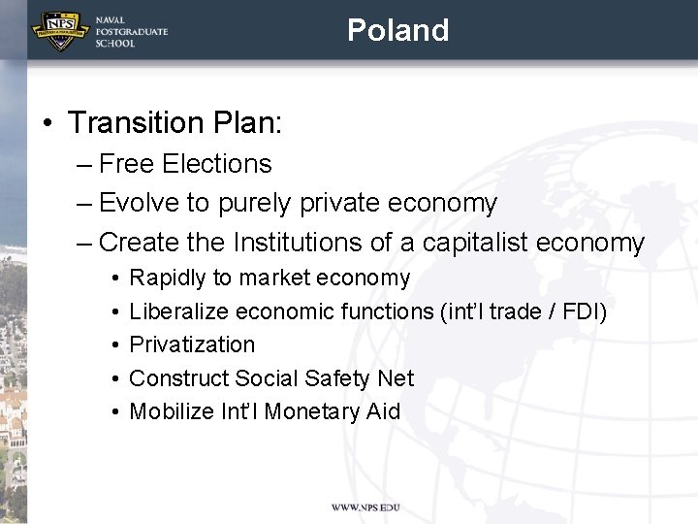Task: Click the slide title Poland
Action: [x=397, y=30]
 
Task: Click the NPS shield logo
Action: [x=59, y=30]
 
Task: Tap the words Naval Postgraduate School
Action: [x=131, y=31]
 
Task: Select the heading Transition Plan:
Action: [x=174, y=123]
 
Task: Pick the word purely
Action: [x=255, y=204]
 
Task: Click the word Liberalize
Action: [x=179, y=311]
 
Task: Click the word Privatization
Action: [x=192, y=344]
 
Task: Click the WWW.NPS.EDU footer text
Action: [x=365, y=508]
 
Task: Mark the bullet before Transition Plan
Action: [x=47, y=124]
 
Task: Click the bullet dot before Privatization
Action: [x=114, y=345]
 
